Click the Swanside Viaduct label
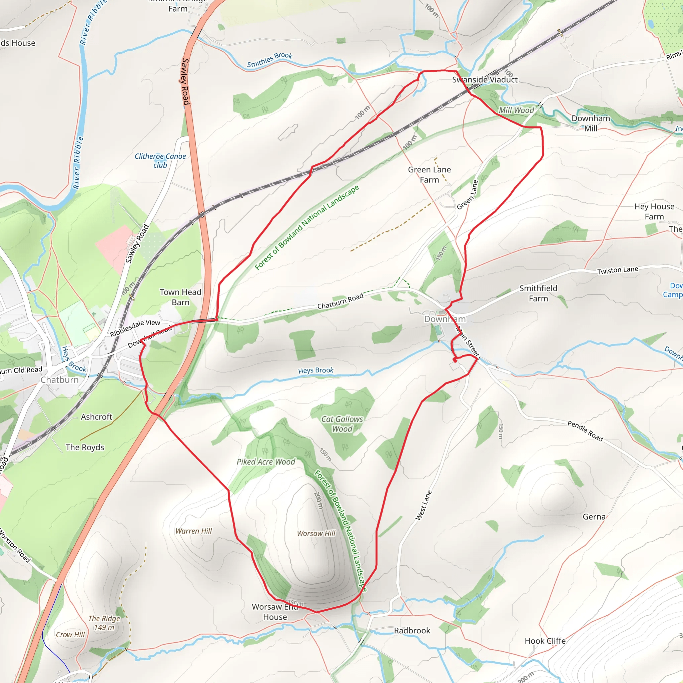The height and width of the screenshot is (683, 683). [485, 80]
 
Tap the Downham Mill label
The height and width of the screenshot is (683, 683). [591, 123]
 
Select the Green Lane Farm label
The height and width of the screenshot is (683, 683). [429, 175]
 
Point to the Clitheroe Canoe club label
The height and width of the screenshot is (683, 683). [160, 160]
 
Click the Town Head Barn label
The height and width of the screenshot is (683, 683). [180, 297]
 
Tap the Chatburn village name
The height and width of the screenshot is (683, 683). [59, 380]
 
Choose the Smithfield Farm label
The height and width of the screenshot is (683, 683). [538, 293]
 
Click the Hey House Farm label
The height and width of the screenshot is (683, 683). [654, 211]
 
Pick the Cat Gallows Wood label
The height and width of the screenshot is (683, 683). [342, 424]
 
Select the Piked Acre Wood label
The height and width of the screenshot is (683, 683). [266, 462]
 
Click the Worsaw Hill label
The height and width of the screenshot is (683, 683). [316, 533]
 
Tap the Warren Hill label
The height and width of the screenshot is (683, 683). [194, 531]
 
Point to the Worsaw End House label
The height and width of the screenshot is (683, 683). [275, 612]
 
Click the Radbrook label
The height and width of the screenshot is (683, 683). [412, 630]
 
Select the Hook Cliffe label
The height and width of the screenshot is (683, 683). [545, 641]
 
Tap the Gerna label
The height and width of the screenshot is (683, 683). [594, 517]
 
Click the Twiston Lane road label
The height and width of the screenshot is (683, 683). [618, 270]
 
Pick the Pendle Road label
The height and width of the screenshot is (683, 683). [585, 431]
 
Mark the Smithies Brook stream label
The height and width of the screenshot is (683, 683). [269, 60]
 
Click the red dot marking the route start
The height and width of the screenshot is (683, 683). [455, 360]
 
